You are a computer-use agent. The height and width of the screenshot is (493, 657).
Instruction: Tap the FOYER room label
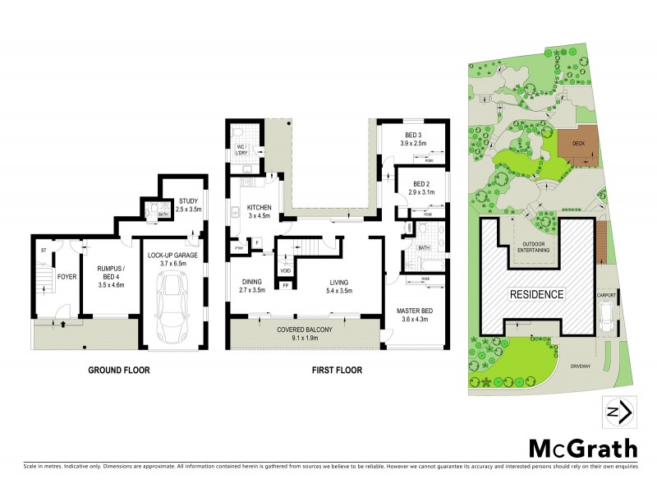[x=67, y=277]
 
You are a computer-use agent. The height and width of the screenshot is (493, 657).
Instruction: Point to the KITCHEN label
[x=259, y=208]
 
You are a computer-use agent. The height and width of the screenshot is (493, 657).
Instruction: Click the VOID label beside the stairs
[x=286, y=270]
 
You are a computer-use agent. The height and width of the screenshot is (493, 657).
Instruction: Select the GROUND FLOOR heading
[x=119, y=371]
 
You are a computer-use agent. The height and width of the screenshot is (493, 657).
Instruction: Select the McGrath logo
[x=582, y=449]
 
